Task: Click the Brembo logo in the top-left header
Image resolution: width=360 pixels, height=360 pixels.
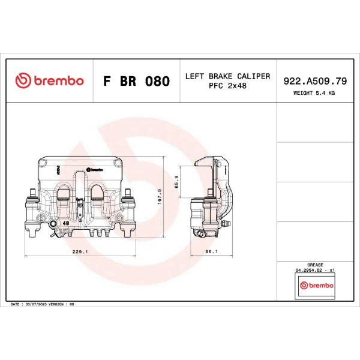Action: tap(49, 80)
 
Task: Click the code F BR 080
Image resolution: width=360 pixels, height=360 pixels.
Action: tap(136, 81)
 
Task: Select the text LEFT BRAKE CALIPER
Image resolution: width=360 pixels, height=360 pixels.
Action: tap(227, 76)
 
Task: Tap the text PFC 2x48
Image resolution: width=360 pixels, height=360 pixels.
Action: tap(227, 86)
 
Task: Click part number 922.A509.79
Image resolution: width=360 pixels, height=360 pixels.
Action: tap(315, 81)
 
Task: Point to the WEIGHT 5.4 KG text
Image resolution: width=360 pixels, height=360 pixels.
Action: tap(314, 93)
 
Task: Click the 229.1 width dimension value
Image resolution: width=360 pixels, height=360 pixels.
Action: tap(80, 251)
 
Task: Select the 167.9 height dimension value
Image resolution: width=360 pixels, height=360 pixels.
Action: tap(160, 197)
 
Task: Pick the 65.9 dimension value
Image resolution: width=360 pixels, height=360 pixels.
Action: tap(176, 182)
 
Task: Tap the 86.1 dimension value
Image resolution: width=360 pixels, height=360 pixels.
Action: tap(211, 251)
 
